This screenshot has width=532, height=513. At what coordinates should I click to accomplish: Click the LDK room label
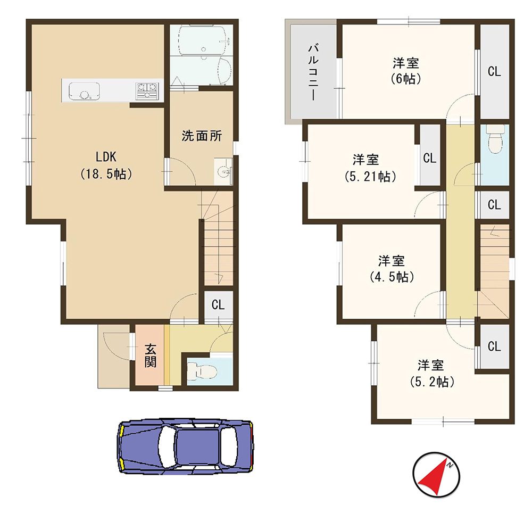[x=105, y=157]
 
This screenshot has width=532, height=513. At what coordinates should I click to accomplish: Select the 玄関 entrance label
[x=151, y=356]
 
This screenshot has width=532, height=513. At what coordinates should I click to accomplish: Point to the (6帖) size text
[x=405, y=79]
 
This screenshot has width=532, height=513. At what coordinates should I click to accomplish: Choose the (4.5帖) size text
[x=391, y=277]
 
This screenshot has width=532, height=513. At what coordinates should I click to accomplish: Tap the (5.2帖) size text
[x=431, y=382]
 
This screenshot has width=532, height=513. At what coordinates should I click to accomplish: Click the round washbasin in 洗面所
[x=224, y=171]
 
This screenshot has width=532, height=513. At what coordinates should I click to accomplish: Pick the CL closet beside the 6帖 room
[x=494, y=72]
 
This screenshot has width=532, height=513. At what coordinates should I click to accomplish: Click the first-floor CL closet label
[x=218, y=305]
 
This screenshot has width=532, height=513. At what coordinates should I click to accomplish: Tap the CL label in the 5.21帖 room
[x=429, y=158]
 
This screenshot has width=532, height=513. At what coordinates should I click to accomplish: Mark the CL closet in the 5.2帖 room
[x=494, y=346]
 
